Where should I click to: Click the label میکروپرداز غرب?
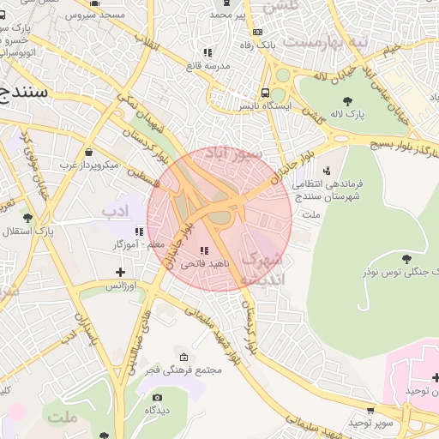pos(93,163)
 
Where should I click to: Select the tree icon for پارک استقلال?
pos(27,218)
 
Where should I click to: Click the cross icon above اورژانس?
pos(120,272)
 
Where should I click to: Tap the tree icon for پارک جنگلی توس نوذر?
pos(406,257)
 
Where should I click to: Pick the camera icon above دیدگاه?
pos(157,397)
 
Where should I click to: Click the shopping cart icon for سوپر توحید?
pos(370,410)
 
